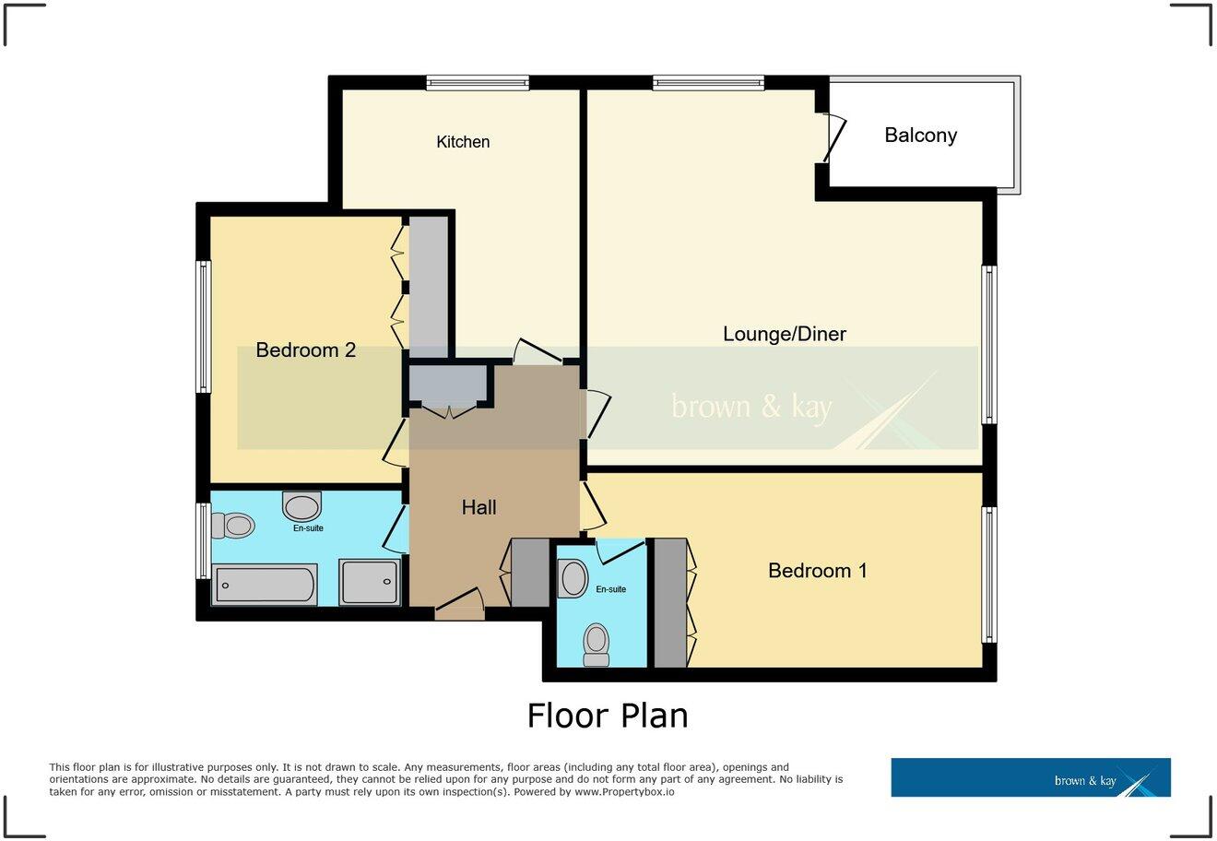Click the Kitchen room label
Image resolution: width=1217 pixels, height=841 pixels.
[x=463, y=142]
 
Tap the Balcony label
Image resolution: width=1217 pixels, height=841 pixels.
[x=920, y=136]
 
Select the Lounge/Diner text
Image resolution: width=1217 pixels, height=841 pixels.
[x=784, y=334]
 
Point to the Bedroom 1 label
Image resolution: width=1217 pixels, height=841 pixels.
[x=817, y=571]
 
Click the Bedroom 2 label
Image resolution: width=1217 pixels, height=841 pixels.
[x=305, y=350]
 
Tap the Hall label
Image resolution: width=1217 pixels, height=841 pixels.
[x=479, y=507]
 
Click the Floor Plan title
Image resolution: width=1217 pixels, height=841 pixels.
[x=608, y=716]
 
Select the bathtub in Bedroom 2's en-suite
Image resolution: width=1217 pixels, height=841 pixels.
[x=265, y=586]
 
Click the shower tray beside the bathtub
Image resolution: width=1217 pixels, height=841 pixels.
[x=370, y=582]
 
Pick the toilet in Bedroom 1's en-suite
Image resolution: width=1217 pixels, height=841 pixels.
[x=597, y=644]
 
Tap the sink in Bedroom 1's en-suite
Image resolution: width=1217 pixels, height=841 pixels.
[x=573, y=579]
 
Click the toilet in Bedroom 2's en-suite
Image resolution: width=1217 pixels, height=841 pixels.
[x=232, y=526]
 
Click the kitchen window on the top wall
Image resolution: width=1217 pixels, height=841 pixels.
[x=478, y=83]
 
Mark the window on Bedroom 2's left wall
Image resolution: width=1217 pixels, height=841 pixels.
[x=203, y=326]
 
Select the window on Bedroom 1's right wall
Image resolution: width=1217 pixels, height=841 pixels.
[x=988, y=574]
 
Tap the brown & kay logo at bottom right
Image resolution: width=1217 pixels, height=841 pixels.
[x=1030, y=777]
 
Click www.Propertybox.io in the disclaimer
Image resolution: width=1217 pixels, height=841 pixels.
[x=623, y=792]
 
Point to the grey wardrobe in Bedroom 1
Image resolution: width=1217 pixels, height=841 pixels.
[x=670, y=603]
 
